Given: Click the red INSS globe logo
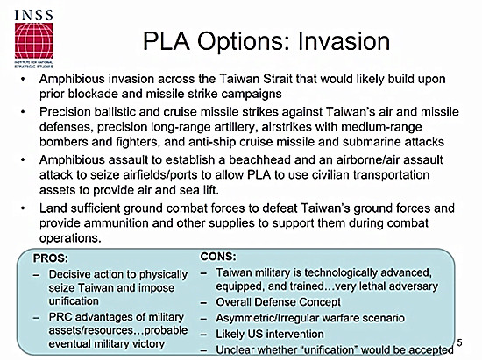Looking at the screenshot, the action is [x=34, y=40].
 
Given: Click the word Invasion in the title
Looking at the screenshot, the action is [x=344, y=41].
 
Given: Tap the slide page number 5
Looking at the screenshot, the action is [x=459, y=342].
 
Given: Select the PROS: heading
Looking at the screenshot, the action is [x=51, y=258].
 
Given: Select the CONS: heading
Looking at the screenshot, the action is [x=218, y=256].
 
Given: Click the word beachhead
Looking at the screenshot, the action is [x=259, y=159].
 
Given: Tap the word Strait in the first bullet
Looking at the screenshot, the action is [x=278, y=79].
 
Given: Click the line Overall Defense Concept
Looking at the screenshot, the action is [x=278, y=302].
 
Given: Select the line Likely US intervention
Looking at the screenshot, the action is [x=270, y=334].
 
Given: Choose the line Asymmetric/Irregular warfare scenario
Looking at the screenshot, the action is [x=310, y=318].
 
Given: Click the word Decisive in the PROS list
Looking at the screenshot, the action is [x=70, y=274].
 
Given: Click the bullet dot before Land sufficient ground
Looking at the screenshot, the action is [x=23, y=208].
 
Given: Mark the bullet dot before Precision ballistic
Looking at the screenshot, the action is [x=23, y=112].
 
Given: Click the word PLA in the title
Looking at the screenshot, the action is [x=167, y=41].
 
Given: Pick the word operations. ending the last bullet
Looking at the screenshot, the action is [x=70, y=238].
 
